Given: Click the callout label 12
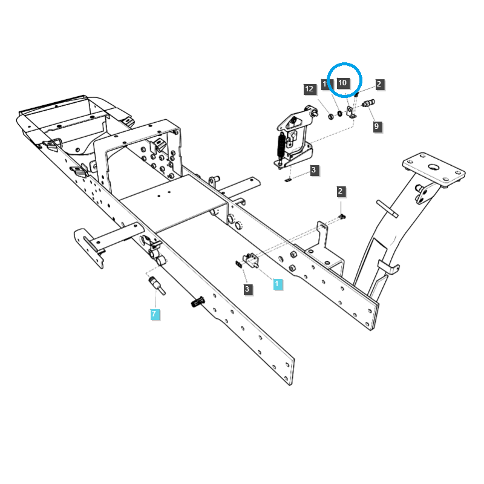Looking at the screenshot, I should pos(310,89).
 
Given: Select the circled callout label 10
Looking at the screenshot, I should pos(343,82).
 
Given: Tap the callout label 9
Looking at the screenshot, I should pos(377,126).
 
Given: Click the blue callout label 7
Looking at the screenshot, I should pos(155,314).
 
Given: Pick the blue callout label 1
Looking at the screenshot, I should pos(278,284).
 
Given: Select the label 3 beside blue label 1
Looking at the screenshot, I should pos(247,290).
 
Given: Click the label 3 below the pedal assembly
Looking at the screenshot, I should pos(313,171).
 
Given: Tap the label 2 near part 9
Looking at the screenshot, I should pos(379,84).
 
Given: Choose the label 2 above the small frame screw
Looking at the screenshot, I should pos(341,192).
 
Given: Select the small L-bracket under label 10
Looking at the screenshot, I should pos(350,113).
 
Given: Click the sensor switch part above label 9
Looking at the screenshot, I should pos(368,103).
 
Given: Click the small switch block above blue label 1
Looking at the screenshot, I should pos(250,260).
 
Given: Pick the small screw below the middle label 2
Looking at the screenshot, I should pos(342,216).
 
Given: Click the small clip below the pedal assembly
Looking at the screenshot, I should pos(288,178).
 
